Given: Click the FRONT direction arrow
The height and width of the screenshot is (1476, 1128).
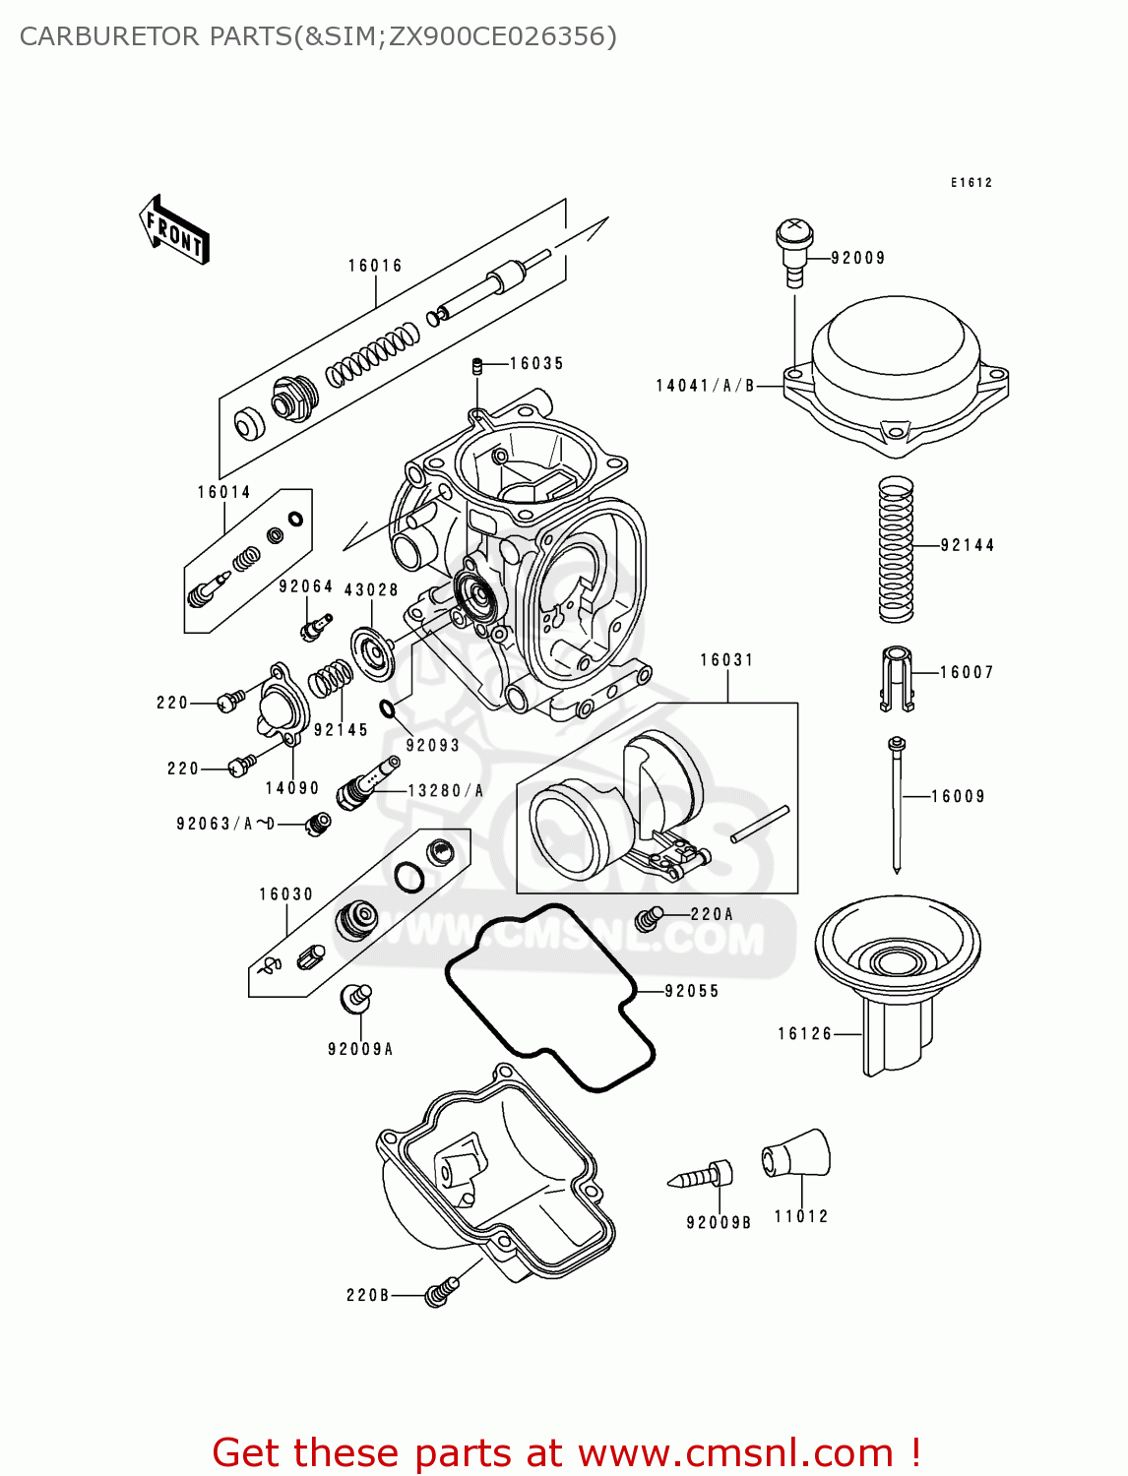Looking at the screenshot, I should (174, 230).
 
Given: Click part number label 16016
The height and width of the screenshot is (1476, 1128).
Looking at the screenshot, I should (375, 266).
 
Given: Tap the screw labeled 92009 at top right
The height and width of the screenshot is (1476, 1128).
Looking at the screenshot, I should (794, 250).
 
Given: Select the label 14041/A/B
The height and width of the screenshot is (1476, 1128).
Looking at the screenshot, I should (705, 386).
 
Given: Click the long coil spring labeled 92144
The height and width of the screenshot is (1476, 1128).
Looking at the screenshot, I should (896, 548).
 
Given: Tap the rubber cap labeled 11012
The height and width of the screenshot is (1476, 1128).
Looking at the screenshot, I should (796, 1154).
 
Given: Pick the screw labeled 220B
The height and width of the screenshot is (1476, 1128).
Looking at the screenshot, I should (440, 1292).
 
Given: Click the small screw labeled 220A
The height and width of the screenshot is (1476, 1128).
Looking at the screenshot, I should (648, 918).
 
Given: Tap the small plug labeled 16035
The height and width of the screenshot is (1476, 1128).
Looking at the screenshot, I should (476, 367).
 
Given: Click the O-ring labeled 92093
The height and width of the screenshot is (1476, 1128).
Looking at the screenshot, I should (388, 709).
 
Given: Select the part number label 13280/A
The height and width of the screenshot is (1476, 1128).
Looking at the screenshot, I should (446, 790).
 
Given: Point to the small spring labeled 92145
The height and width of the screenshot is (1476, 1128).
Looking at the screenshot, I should (332, 678).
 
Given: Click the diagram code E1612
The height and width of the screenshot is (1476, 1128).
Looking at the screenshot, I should (971, 183).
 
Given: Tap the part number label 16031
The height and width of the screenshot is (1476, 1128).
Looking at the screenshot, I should (726, 660).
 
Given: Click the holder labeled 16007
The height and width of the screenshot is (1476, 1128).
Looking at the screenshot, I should (896, 677).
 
